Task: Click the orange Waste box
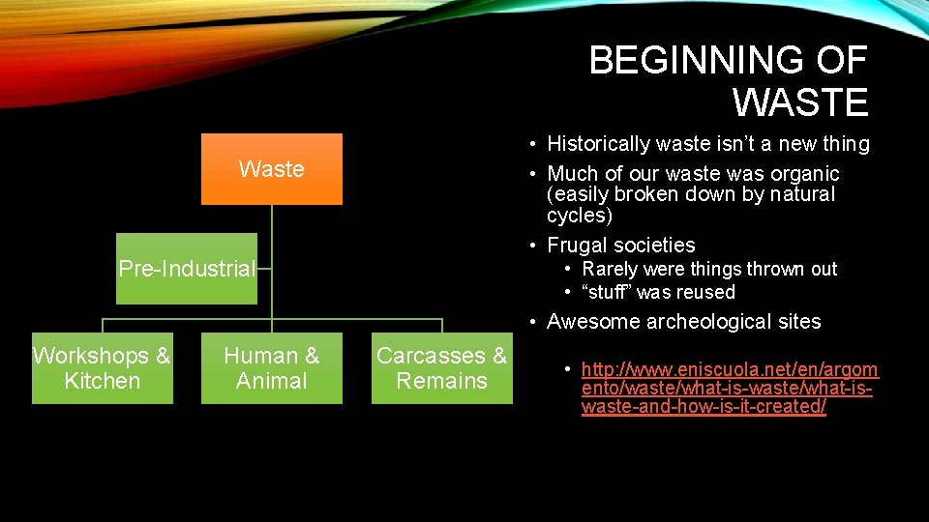click(271, 169)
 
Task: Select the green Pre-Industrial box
click(187, 269)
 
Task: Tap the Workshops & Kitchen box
click(102, 368)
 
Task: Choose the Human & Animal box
click(271, 368)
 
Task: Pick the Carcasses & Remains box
click(441, 368)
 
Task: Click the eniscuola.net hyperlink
click(730, 388)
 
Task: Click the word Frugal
click(580, 246)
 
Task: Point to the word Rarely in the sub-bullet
click(610, 269)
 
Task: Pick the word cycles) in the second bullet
click(579, 215)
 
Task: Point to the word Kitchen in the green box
click(102, 381)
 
